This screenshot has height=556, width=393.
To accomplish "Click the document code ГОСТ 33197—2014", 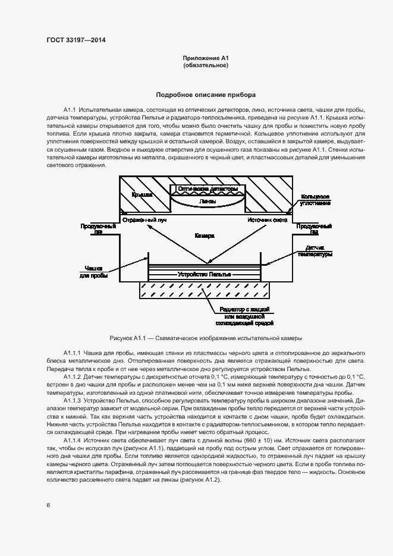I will [x=76, y=40].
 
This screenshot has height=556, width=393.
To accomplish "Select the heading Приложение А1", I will [x=206, y=58].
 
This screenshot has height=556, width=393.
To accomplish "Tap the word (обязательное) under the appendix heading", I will [x=206, y=65].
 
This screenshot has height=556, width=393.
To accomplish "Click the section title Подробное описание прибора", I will [x=206, y=95].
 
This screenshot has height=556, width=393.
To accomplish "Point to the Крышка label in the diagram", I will [x=142, y=194].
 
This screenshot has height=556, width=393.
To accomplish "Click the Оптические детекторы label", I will [x=206, y=189].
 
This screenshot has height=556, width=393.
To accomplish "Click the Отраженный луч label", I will [x=144, y=219].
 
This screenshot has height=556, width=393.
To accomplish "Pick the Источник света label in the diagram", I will [x=267, y=219].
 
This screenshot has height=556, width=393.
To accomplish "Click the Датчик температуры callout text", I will [x=315, y=250].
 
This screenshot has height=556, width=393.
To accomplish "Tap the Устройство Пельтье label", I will [x=205, y=275].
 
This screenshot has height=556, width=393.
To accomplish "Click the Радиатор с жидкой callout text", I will [x=245, y=310].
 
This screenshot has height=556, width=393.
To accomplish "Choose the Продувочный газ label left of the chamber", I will [x=93, y=230].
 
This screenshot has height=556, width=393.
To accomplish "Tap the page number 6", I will [x=48, y=505].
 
